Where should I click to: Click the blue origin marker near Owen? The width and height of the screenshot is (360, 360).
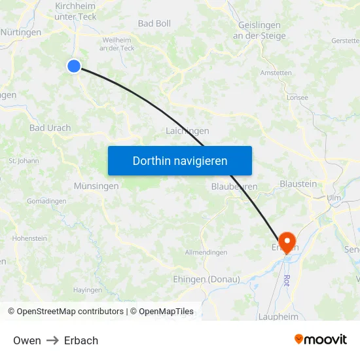tap(74, 65)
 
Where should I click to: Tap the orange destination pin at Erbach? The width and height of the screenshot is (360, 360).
tap(287, 240)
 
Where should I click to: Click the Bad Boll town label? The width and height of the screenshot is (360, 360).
tap(154, 24)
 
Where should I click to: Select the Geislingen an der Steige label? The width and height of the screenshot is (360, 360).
tap(260, 30)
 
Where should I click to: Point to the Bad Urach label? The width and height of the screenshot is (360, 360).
tap(50, 128)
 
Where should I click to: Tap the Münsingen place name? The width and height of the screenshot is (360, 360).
tap(96, 186)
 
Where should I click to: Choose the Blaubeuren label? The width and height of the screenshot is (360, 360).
tap(234, 187)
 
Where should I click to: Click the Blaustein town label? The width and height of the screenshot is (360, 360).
tap(298, 184)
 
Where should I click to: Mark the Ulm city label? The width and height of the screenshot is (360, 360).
tap(334, 197)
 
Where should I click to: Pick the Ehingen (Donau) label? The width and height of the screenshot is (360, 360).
tap(206, 279)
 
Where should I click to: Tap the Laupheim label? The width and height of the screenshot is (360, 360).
tap(279, 317)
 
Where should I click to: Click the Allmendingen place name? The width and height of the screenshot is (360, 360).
tap(206, 253)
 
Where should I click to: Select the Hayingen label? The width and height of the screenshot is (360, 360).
tap(88, 290)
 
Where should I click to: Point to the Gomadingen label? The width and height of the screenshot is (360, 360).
tap(46, 201)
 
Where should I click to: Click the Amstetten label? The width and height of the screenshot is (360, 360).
tap(276, 73)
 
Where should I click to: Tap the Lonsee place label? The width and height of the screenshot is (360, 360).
tap(297, 98)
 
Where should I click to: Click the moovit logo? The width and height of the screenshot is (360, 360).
tap(320, 339)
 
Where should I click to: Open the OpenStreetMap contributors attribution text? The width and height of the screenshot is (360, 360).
tap(70, 312)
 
